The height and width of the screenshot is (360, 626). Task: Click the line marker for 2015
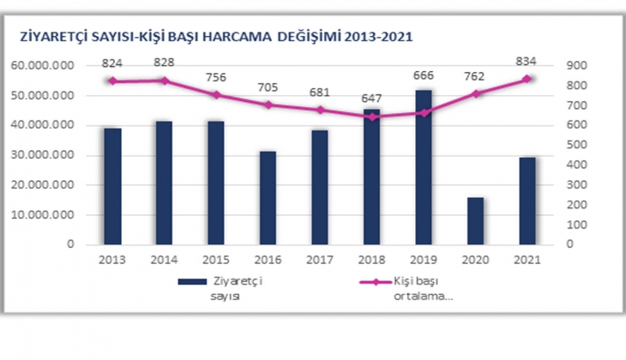pos(216,94)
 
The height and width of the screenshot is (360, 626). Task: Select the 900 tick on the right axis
pos(575,66)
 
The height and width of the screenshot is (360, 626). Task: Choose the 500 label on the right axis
pos(575,146)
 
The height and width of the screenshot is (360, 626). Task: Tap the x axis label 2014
pos(163,260)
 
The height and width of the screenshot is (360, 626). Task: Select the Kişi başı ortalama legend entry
pos(409,287)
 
